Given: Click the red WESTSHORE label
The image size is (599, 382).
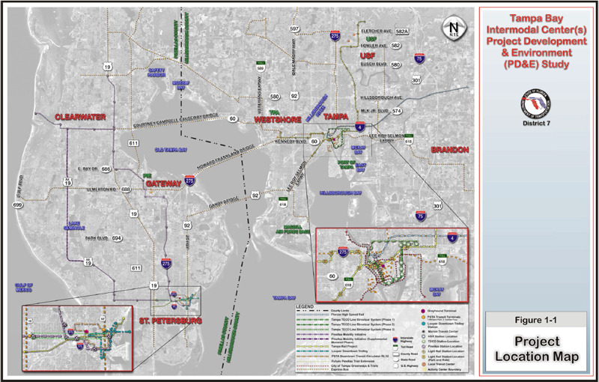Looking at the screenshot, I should pos(277,119).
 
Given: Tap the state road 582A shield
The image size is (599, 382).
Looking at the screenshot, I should pos(402,32).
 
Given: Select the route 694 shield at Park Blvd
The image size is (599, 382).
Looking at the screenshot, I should pos(117,239).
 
